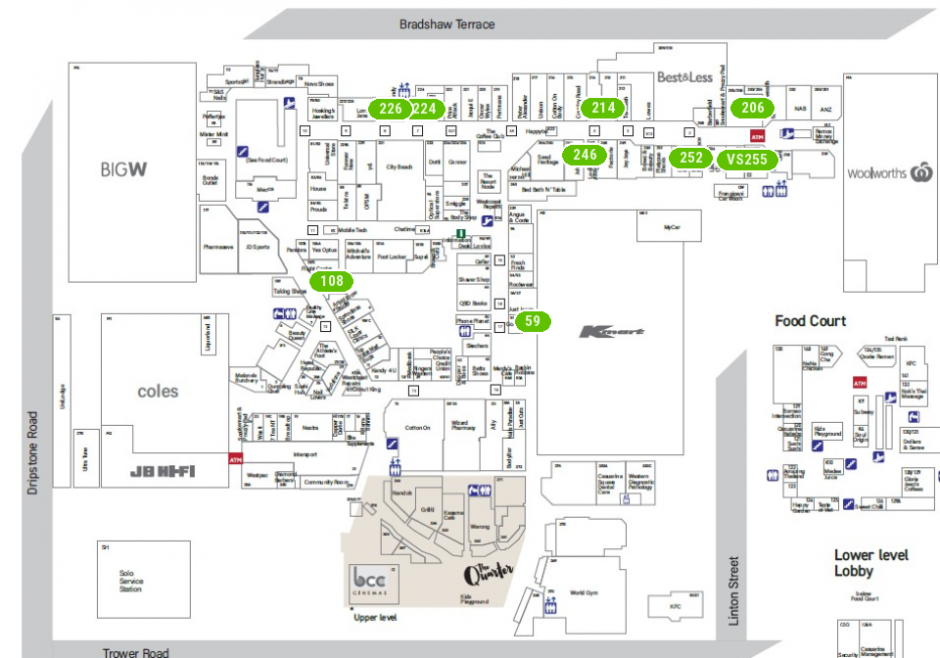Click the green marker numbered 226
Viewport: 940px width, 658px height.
click(392, 109)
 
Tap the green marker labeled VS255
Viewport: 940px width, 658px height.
click(746, 159)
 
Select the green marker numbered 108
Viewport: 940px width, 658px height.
click(331, 282)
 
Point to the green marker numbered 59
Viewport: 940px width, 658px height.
click(532, 321)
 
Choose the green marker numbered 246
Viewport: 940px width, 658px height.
click(585, 155)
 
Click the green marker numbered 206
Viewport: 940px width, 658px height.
click(752, 109)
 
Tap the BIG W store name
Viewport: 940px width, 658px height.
click(123, 169)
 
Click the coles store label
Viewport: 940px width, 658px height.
click(158, 391)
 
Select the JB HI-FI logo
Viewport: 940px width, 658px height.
click(163, 472)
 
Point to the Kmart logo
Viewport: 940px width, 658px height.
click(612, 332)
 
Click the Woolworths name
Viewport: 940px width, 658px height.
click(878, 173)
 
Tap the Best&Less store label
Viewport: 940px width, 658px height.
click(684, 76)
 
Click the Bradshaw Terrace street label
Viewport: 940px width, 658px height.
click(446, 24)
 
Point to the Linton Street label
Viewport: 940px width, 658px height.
click(733, 590)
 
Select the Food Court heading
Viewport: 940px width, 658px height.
click(810, 321)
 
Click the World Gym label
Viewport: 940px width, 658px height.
click(584, 592)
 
